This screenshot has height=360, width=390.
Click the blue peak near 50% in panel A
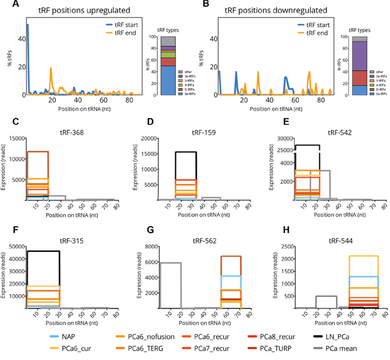click(28, 25)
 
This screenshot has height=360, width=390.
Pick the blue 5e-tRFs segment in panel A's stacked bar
click(168, 80)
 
